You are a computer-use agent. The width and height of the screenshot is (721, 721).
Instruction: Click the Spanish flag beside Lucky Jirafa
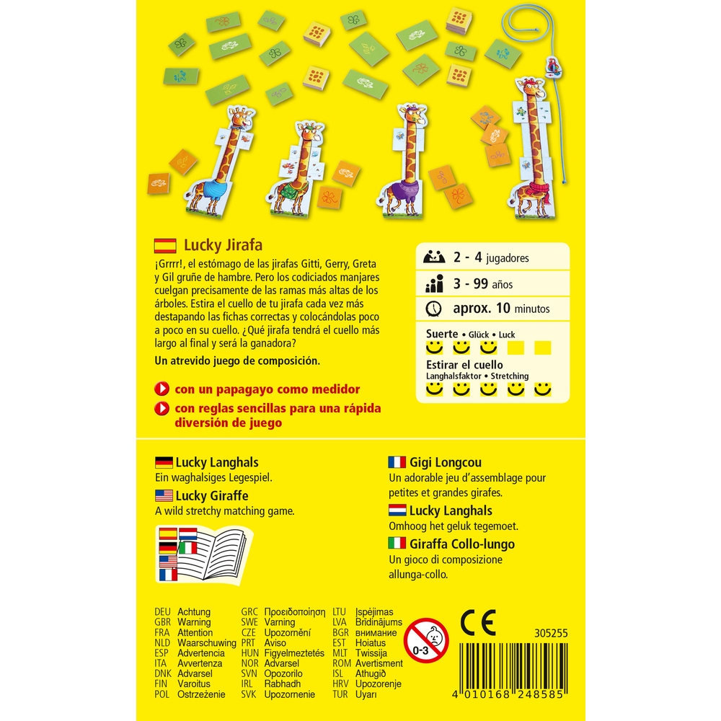[x=165, y=246]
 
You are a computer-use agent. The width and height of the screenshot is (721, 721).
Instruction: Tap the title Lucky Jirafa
[x=223, y=245]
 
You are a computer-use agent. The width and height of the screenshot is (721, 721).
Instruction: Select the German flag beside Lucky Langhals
[x=164, y=462]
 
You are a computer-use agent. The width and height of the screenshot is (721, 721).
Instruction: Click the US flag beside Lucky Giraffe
[x=164, y=495]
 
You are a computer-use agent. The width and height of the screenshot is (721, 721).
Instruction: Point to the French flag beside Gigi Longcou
[x=397, y=462]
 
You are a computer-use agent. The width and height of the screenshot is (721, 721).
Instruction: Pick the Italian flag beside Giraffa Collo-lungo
[x=397, y=544]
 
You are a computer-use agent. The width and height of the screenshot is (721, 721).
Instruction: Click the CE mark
[x=478, y=623]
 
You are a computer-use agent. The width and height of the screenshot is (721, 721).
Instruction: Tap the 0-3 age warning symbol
[x=426, y=640]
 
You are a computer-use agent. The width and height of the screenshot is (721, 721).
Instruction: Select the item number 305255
[x=551, y=633]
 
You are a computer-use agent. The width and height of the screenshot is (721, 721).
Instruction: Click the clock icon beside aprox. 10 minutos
[x=433, y=309]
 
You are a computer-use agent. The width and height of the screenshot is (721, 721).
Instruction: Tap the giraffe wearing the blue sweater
[x=221, y=161]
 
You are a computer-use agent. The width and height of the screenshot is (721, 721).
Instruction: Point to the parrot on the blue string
[x=553, y=67]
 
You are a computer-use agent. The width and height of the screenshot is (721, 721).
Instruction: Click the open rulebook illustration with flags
[x=204, y=554]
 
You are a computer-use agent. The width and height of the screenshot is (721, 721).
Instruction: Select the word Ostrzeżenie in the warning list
[x=201, y=694]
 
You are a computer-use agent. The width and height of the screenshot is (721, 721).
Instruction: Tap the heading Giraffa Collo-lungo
[x=462, y=544]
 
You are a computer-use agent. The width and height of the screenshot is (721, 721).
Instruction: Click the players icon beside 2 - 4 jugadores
[x=433, y=257]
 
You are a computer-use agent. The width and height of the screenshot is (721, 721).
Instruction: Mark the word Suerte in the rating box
[x=442, y=334]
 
